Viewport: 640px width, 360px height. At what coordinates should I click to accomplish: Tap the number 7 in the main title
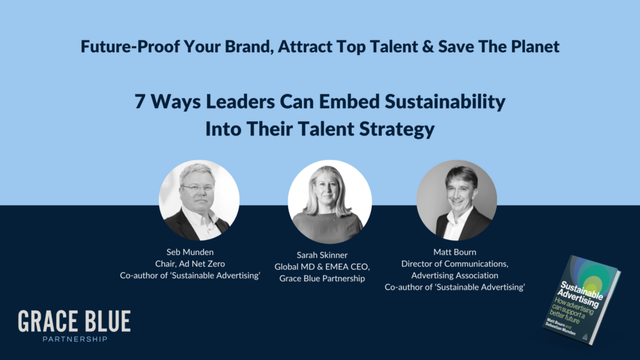[x=140, y=102]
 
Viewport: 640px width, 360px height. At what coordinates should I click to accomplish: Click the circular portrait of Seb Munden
[x=199, y=201]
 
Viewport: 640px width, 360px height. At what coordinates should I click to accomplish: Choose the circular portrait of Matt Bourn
[x=457, y=201]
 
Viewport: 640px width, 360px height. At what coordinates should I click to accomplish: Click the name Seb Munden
[x=190, y=253]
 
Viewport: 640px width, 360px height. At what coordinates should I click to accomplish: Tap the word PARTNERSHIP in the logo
[x=74, y=339]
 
